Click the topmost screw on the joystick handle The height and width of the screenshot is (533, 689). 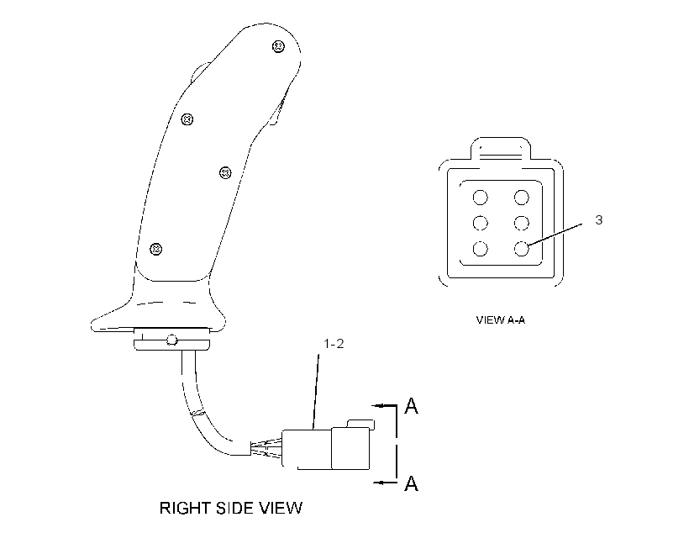(x=279, y=46)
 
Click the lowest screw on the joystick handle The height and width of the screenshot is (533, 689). (x=156, y=250)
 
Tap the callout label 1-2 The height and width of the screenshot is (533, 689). (x=334, y=344)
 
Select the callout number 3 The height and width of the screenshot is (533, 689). (x=599, y=220)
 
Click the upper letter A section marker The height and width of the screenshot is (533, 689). (x=411, y=405)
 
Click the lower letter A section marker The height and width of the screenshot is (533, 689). (x=411, y=483)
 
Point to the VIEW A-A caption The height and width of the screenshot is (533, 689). (x=501, y=319)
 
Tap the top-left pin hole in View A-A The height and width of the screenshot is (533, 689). (x=481, y=198)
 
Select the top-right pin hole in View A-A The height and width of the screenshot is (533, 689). (x=522, y=198)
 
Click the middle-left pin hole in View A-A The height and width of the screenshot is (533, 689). (x=481, y=223)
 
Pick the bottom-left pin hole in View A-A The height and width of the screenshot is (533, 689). (x=481, y=249)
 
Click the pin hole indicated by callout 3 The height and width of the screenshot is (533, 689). (x=522, y=249)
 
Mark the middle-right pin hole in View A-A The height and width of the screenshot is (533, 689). (x=522, y=223)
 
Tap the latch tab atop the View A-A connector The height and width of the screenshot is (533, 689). (x=501, y=149)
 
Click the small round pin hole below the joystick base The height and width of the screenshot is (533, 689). (x=171, y=340)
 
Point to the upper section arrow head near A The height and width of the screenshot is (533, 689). (x=377, y=405)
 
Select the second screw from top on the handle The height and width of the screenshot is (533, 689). (x=187, y=119)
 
